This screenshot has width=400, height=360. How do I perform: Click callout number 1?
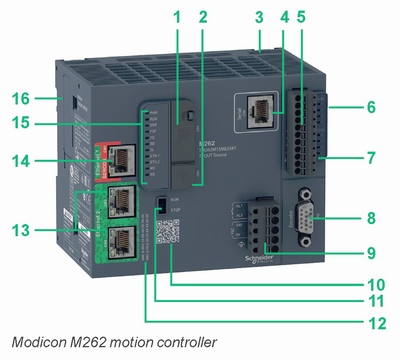[176, 17]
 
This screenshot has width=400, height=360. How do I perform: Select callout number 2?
[203, 17]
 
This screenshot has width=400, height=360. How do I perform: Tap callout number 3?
[259, 17]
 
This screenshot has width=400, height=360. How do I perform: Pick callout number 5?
[303, 17]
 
